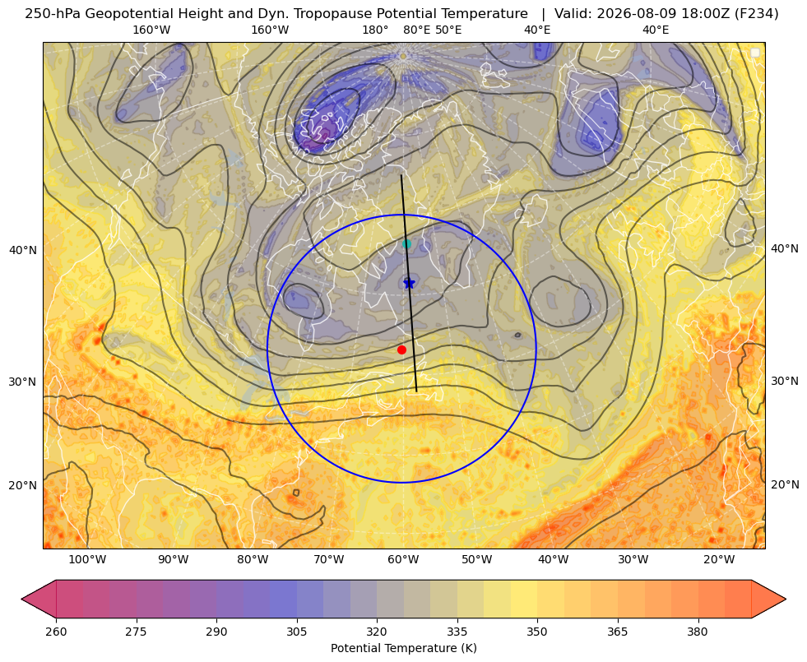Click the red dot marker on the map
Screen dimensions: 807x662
point(402,350)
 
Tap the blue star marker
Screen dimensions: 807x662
point(409,284)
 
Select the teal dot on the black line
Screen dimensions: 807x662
point(406,243)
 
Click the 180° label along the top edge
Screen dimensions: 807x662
point(375,30)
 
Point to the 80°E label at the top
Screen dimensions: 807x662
point(416,30)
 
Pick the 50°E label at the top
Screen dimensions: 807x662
point(448,30)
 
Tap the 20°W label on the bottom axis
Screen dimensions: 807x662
point(719,559)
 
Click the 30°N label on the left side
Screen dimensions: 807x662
point(23,382)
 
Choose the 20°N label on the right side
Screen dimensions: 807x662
point(785,484)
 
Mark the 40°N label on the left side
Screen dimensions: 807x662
point(23,251)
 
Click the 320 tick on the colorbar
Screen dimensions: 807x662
point(377,631)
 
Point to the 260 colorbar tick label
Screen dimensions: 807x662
point(56,631)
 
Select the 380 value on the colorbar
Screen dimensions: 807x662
point(698,631)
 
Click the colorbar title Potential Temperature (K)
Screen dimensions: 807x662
point(403,648)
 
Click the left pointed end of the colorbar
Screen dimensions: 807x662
point(22,599)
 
